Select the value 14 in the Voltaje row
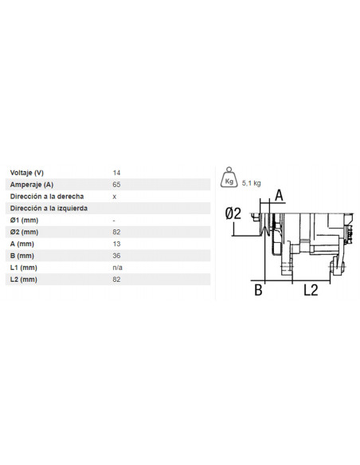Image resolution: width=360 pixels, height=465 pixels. (x=117, y=172)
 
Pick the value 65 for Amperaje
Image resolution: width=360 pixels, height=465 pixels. (x=117, y=184)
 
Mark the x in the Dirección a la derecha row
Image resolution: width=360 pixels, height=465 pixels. (x=115, y=196)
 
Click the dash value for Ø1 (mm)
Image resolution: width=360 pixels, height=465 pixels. (x=115, y=220)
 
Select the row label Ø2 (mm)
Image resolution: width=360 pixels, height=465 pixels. (x=24, y=232)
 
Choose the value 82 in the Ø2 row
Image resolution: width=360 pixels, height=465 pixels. (x=117, y=232)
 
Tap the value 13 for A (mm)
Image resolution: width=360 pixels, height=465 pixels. (x=117, y=244)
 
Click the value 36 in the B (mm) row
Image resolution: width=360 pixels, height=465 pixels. (x=117, y=256)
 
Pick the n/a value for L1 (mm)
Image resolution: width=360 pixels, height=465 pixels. (x=118, y=268)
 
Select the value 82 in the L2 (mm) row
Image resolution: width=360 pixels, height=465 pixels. (x=117, y=279)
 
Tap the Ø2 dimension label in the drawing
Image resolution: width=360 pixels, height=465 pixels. (x=233, y=213)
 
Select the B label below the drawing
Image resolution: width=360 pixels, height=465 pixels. (x=258, y=291)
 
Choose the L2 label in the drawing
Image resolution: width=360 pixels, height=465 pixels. (x=311, y=291)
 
